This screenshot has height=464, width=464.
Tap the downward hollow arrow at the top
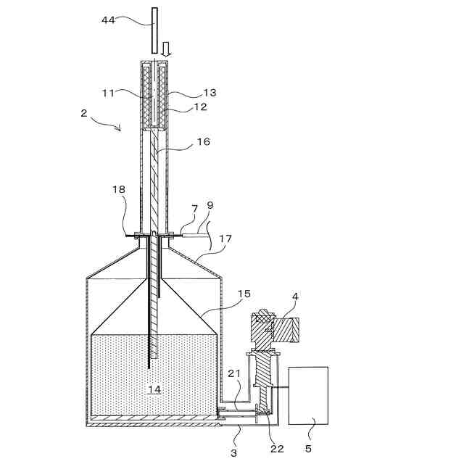165,49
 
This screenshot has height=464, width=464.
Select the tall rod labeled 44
153,29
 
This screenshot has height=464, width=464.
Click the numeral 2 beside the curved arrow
84,113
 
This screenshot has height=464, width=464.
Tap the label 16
203,142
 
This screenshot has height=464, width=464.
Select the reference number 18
119,189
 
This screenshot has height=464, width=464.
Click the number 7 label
194,209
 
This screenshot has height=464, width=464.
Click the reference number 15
244,294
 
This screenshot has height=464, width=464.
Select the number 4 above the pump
294,297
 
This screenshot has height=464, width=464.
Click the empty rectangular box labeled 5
308,396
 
